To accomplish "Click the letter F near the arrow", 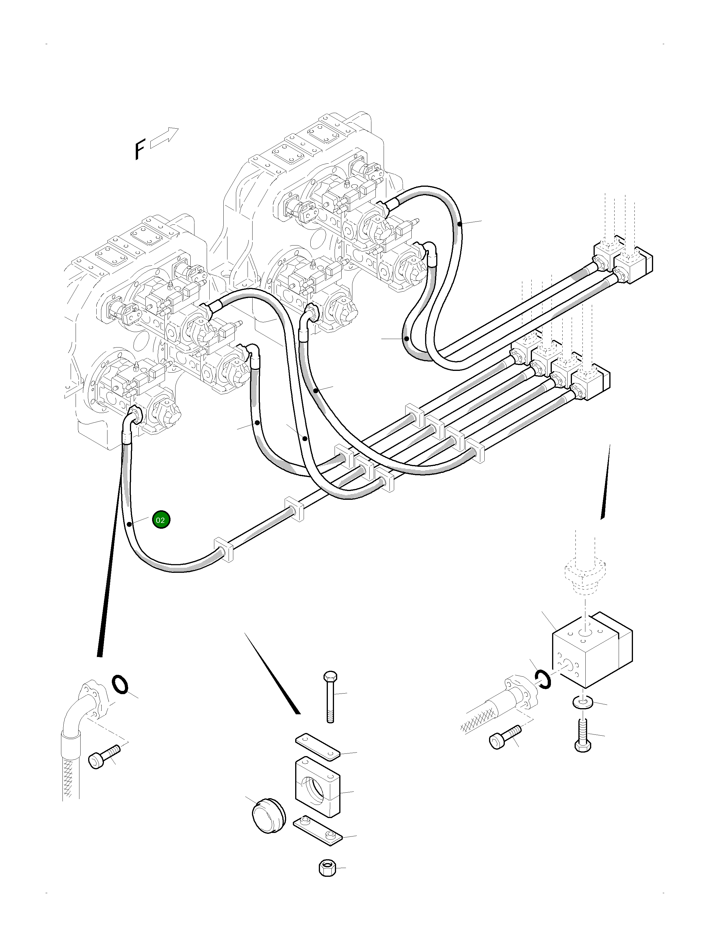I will (x=139, y=151).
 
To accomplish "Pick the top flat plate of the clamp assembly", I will (x=317, y=746).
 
